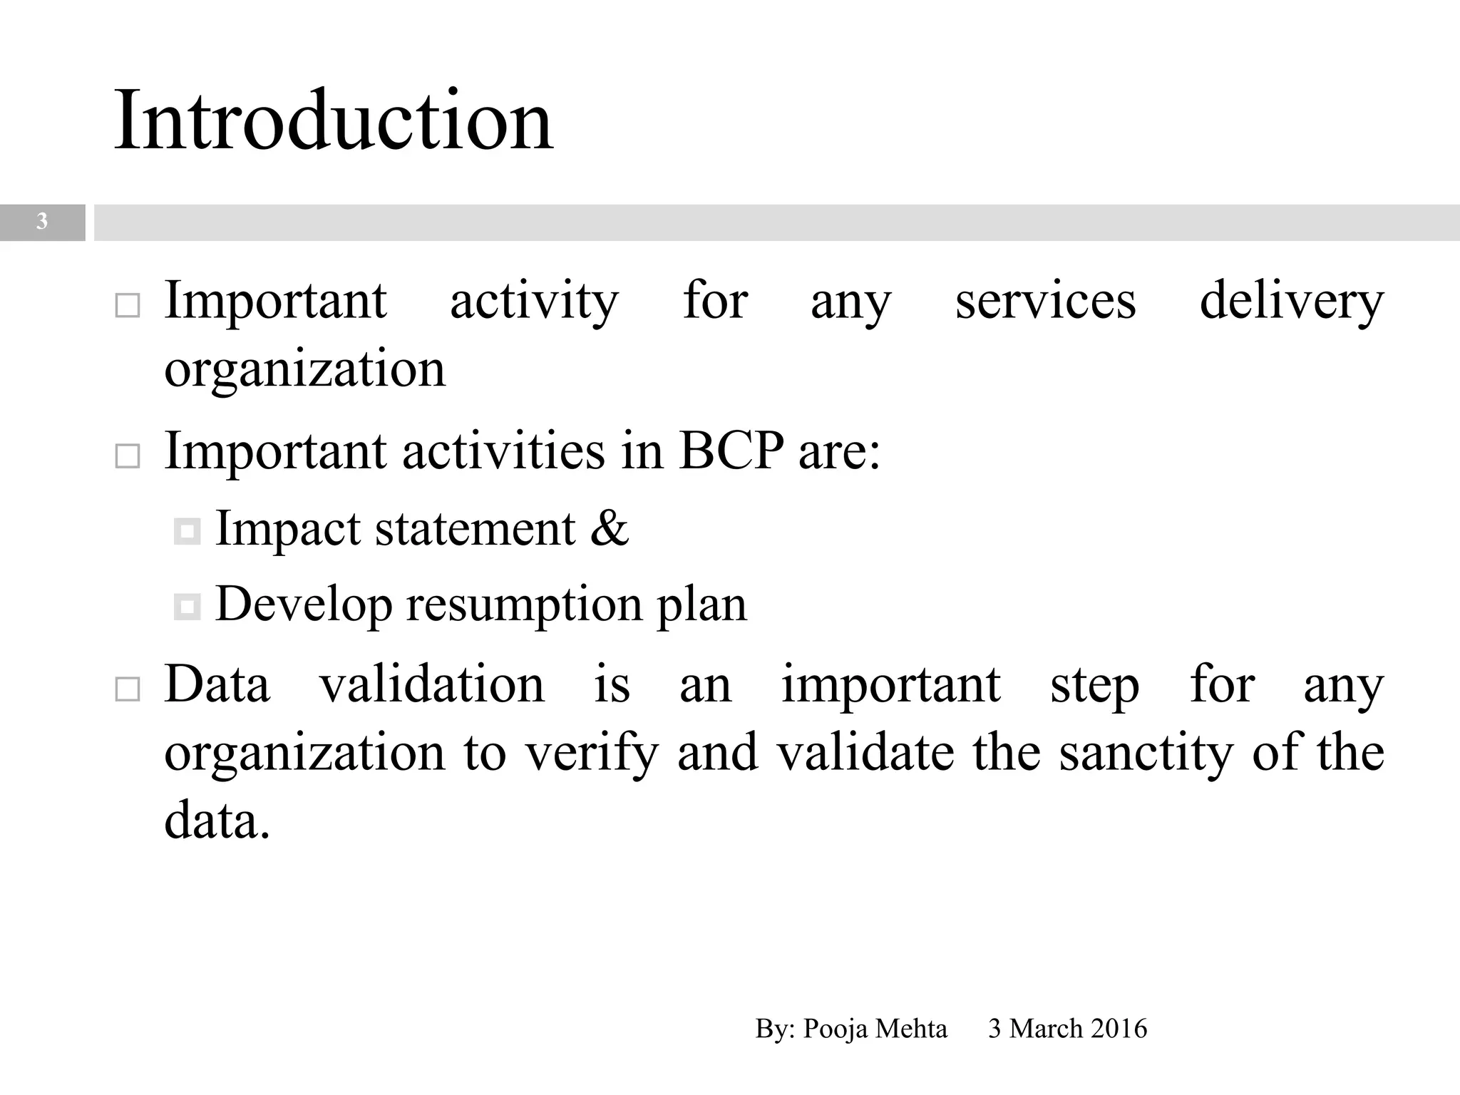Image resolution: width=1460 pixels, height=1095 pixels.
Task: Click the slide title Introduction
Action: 333,119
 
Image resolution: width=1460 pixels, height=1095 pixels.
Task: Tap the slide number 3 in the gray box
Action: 42,222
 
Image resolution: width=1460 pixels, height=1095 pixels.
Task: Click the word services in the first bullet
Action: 1045,301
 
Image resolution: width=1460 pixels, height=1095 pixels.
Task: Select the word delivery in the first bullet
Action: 1291,302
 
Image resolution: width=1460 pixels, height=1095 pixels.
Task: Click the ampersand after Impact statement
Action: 610,528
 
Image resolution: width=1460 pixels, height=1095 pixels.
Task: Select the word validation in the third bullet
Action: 432,684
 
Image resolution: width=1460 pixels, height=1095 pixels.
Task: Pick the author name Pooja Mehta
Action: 875,1029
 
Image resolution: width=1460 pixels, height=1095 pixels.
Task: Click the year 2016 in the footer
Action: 1119,1029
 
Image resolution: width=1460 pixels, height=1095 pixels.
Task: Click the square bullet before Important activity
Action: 128,306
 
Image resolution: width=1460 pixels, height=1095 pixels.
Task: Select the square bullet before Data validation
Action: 128,689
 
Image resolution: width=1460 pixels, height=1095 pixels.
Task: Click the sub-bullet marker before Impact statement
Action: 187,531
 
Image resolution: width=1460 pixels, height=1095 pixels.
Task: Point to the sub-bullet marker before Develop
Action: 187,607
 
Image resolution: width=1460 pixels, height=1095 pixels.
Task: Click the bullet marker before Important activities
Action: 128,456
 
